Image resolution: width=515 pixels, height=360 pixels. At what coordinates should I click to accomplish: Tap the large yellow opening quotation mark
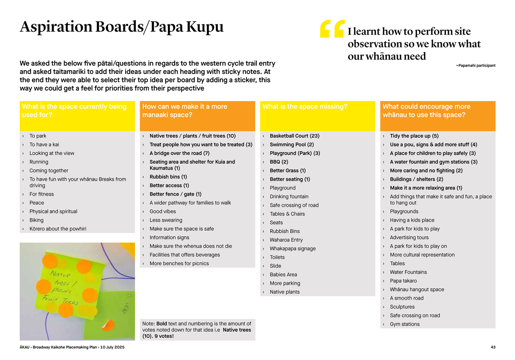332,29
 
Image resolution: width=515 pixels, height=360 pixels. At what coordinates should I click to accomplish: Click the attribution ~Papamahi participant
475,66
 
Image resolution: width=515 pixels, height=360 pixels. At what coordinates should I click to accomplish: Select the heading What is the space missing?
305,107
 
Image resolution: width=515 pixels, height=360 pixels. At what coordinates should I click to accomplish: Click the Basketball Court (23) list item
294,136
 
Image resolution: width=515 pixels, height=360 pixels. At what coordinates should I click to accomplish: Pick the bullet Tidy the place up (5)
414,136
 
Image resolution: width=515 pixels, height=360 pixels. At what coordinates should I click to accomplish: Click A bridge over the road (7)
179,153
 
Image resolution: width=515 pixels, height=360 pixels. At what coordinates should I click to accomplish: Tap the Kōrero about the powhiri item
58,229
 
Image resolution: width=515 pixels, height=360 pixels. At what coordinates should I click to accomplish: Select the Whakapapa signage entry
292,249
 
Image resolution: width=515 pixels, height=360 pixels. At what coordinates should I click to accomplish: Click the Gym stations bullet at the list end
404,324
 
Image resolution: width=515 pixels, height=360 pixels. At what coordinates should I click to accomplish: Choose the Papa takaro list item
403,281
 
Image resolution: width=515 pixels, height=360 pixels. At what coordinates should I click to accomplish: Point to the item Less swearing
166,220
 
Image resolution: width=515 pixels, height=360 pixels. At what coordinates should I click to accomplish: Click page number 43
493,347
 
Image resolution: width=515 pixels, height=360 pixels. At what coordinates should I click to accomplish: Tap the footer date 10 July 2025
112,347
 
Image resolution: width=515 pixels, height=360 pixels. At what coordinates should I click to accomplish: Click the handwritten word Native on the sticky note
60,274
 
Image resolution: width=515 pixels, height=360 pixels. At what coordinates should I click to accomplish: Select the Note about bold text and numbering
197,329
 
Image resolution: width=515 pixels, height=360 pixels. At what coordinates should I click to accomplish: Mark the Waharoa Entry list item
286,240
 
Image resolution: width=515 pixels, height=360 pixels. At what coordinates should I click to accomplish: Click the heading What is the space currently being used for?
74,111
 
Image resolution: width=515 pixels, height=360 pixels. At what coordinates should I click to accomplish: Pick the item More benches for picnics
179,263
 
